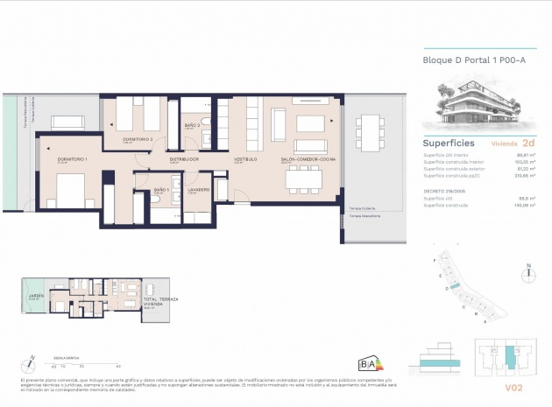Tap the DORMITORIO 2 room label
tap(122, 139)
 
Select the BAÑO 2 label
tap(193, 126)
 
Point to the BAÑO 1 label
tap(160, 190)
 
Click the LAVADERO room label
tap(197, 190)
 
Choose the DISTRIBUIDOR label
tap(184, 160)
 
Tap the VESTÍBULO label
tap(244, 160)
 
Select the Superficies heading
tap(449, 142)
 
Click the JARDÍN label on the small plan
tap(36, 297)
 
